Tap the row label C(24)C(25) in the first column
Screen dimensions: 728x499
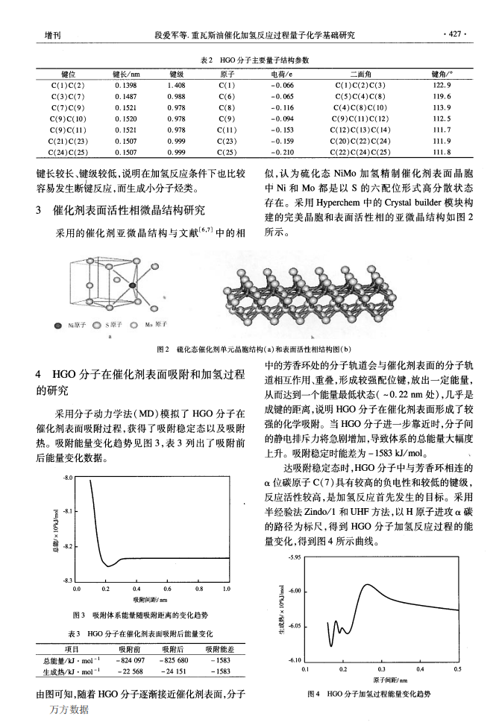[67, 152]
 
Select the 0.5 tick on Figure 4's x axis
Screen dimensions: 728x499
[457, 670]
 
